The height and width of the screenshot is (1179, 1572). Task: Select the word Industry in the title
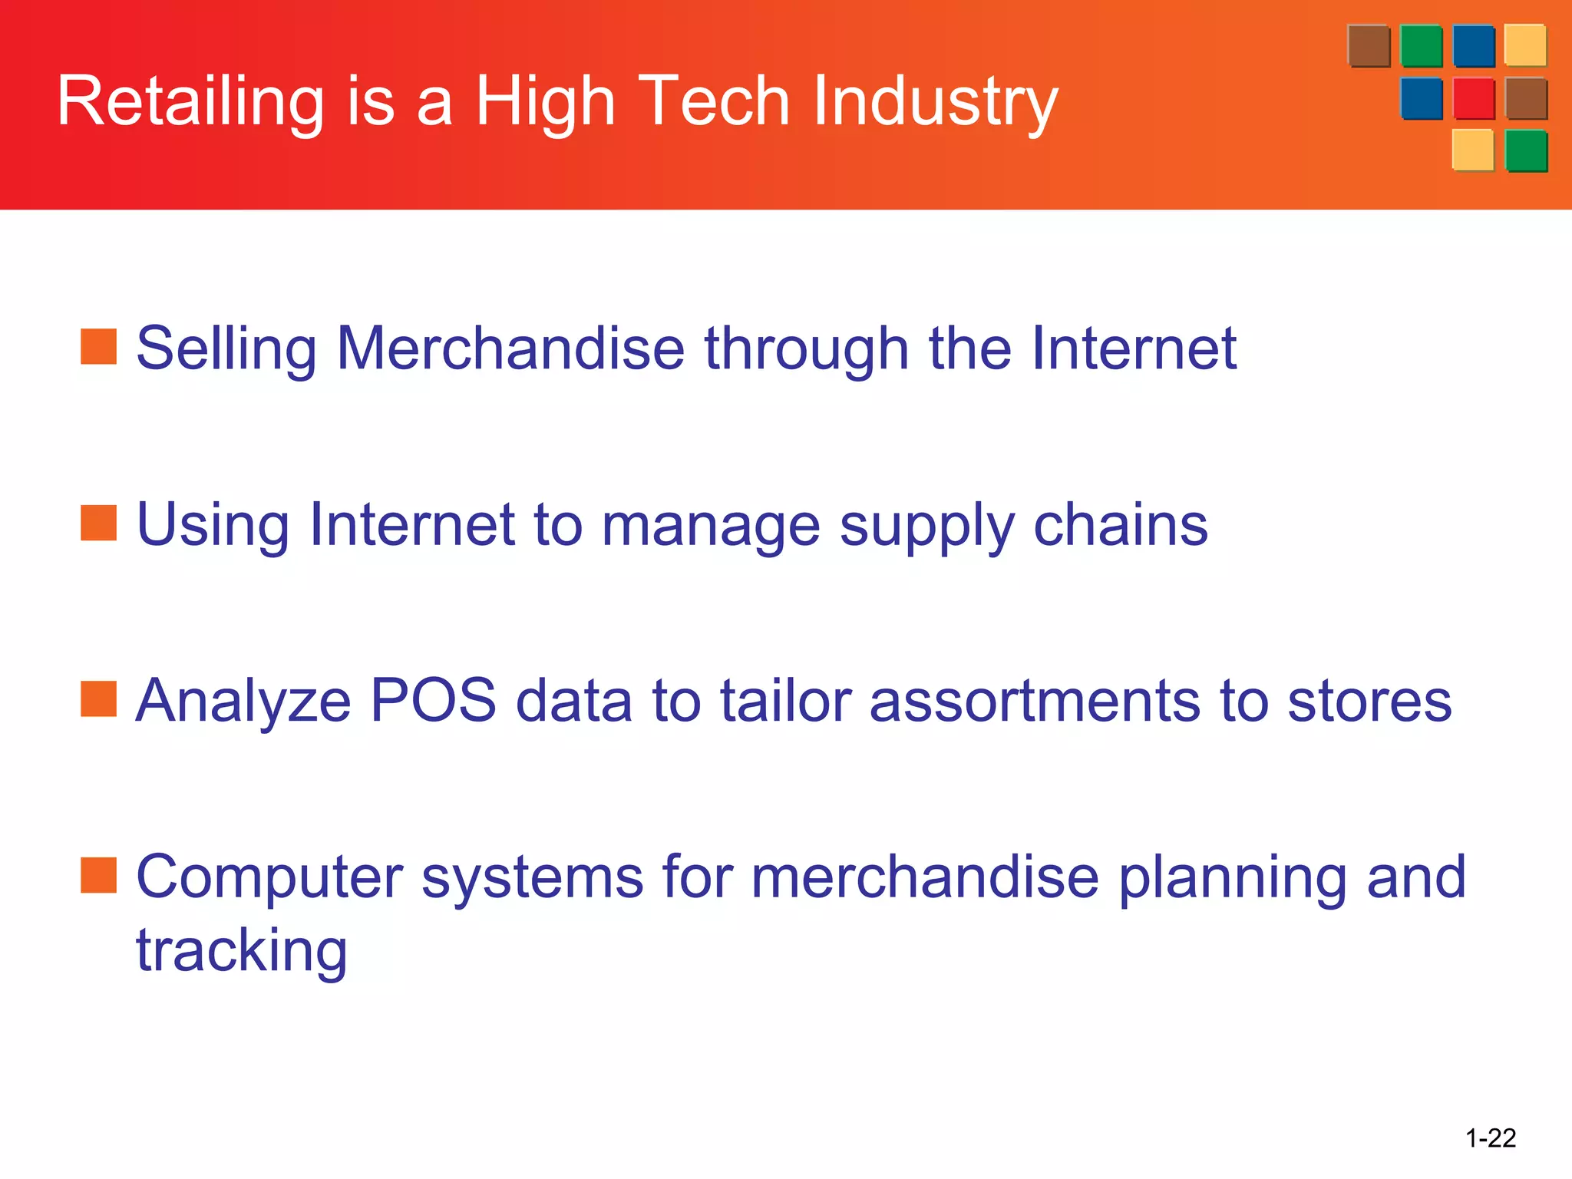936,102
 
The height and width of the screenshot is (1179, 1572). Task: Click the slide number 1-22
1491,1138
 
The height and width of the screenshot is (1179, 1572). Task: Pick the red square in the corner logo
1474,98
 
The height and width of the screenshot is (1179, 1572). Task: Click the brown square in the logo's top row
1369,46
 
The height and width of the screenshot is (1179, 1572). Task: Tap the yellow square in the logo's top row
1525,45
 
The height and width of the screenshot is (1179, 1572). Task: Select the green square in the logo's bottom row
1526,150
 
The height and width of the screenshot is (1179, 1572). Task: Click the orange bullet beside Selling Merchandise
99,347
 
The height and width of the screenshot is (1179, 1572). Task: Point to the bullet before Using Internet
99,523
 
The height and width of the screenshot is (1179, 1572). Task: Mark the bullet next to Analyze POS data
99,699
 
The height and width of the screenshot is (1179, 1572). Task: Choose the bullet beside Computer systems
99,876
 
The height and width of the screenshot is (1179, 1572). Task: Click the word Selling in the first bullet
226,349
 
